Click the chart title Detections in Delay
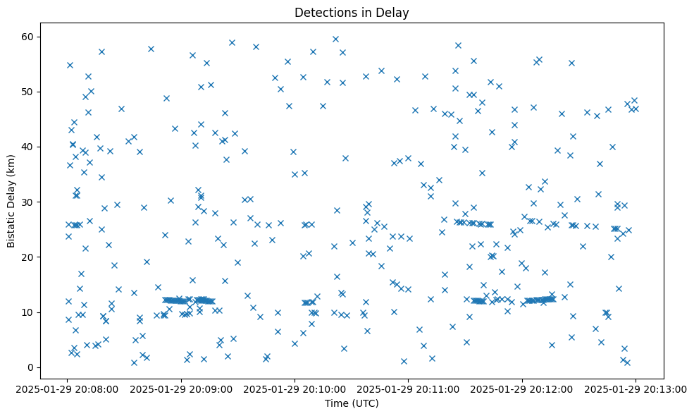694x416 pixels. point(352,13)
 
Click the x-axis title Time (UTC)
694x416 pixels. point(352,403)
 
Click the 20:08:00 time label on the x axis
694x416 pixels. point(68,389)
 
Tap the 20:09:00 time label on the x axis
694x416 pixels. point(182,389)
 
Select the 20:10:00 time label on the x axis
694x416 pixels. point(295,389)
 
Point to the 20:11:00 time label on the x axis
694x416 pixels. point(409,389)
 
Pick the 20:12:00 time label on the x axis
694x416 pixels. point(522,389)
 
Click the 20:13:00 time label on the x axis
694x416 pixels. point(636,389)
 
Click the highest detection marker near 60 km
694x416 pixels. point(335,39)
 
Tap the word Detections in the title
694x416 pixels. point(321,13)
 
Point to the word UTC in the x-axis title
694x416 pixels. point(368,403)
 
